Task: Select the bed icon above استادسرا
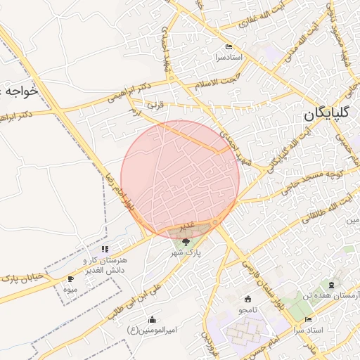tap(219, 47)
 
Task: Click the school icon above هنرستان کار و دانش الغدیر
tap(105, 249)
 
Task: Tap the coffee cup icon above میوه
tap(70, 279)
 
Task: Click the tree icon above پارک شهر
tap(186, 242)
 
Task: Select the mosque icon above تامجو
tap(247, 300)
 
